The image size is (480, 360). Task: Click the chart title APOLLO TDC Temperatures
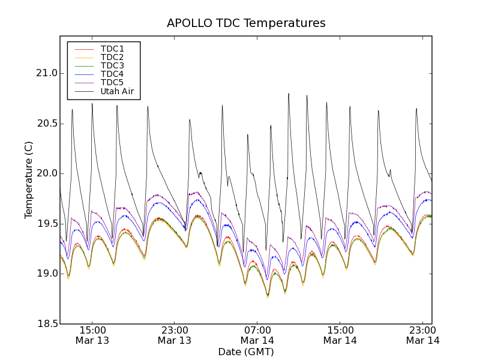[x=246, y=23]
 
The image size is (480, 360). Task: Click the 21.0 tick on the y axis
[x=46, y=74]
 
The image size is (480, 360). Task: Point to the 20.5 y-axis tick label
[x=46, y=124]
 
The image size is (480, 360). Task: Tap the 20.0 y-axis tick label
[x=46, y=174]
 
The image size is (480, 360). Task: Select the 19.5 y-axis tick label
[x=46, y=224]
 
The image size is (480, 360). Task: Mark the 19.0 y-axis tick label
[x=46, y=274]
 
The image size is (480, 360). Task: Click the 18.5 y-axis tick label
[x=46, y=324]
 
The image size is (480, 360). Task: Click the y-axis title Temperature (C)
[x=29, y=180]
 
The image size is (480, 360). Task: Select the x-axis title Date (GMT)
[x=246, y=352]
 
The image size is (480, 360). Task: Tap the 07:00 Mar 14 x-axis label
[x=257, y=335]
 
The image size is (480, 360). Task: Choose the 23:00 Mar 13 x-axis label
[x=175, y=335]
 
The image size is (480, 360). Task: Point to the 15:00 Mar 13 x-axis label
[x=92, y=335]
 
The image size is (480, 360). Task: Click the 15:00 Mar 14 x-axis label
[x=340, y=335]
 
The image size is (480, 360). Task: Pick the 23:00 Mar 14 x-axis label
[x=422, y=335]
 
